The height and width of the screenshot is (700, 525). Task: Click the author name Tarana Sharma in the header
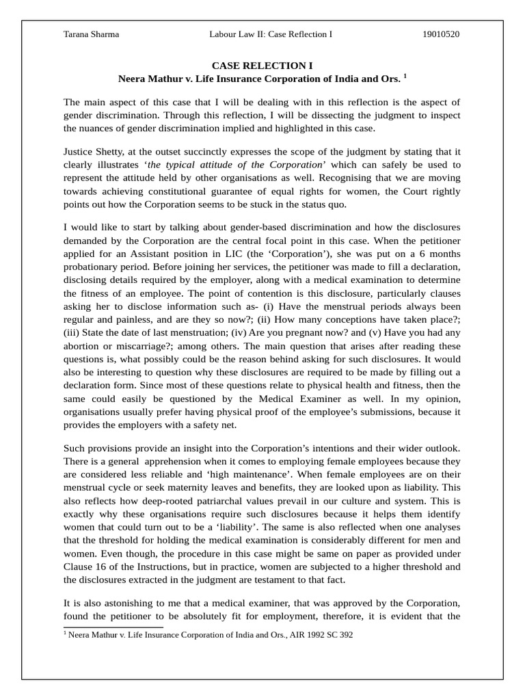click(91, 34)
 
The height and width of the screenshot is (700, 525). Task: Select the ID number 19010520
click(442, 34)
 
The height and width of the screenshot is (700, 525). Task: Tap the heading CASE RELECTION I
click(262, 66)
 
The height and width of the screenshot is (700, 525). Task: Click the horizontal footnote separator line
click(113, 626)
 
